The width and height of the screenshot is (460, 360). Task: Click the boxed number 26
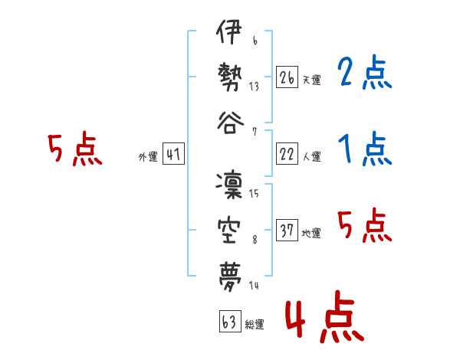click(x=287, y=77)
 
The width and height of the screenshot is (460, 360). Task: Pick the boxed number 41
click(x=173, y=154)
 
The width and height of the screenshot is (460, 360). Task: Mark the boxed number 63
click(x=228, y=322)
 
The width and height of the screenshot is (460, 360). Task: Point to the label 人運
click(x=310, y=156)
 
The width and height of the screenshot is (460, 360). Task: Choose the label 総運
click(x=254, y=324)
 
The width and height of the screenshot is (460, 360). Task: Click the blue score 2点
click(x=364, y=73)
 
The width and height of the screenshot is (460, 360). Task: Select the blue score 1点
click(x=364, y=149)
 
